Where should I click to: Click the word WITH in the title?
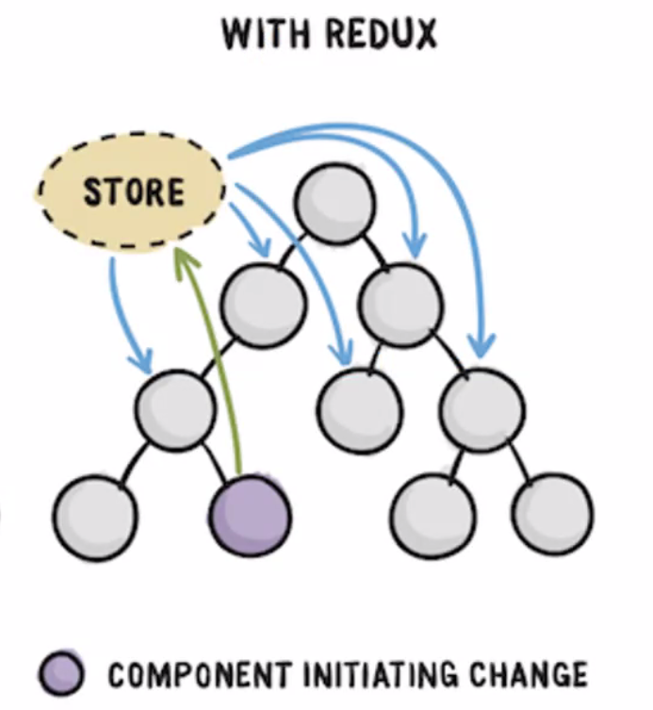pyautogui.click(x=258, y=35)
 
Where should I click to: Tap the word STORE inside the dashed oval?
pyautogui.click(x=133, y=192)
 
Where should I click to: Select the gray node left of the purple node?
pyautogui.click(x=94, y=517)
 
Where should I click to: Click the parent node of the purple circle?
pyautogui.click(x=174, y=407)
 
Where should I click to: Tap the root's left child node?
pyautogui.click(x=264, y=302)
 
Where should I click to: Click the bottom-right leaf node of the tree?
pyautogui.click(x=553, y=517)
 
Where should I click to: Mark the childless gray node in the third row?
pyautogui.click(x=359, y=407)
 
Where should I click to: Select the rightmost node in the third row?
pyautogui.click(x=482, y=407)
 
